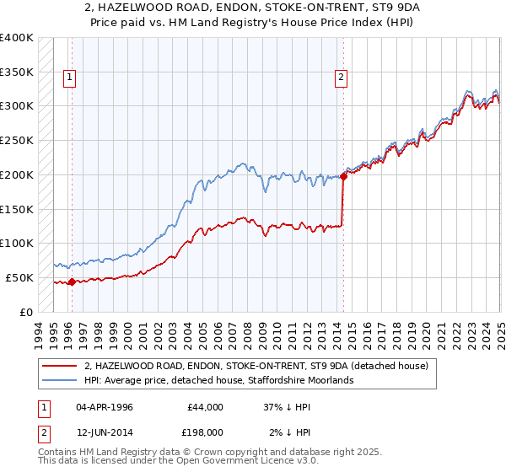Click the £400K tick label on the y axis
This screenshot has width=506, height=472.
point(17,38)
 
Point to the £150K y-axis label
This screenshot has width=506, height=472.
point(17,209)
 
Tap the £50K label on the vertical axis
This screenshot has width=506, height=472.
point(19,277)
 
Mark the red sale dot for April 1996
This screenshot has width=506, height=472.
point(72,282)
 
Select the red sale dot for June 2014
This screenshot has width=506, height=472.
point(344,177)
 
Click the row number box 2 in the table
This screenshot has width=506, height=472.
point(42,432)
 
